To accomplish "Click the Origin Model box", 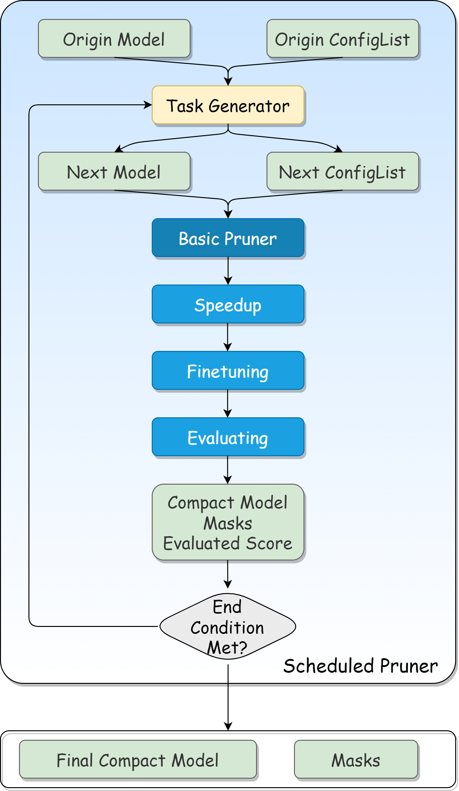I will click(114, 39).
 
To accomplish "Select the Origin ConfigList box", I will click(343, 39).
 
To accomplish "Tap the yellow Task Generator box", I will click(228, 105).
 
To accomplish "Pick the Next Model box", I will click(114, 172).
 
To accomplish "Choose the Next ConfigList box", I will click(343, 172).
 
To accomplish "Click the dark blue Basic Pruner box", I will click(228, 238).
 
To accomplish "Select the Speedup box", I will click(228, 304).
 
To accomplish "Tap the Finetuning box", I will click(228, 371).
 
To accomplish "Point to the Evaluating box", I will click(228, 437).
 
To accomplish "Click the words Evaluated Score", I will click(228, 543).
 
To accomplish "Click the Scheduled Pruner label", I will click(361, 666).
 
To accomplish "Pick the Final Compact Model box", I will click(138, 760).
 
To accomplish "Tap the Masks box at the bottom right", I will click(356, 760).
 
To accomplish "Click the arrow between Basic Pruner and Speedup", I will click(228, 270).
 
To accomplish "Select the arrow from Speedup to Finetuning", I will click(228, 337).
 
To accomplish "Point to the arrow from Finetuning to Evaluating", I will click(228, 403).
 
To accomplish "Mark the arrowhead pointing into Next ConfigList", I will click(339, 149).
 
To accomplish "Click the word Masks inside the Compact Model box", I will click(228, 524).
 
